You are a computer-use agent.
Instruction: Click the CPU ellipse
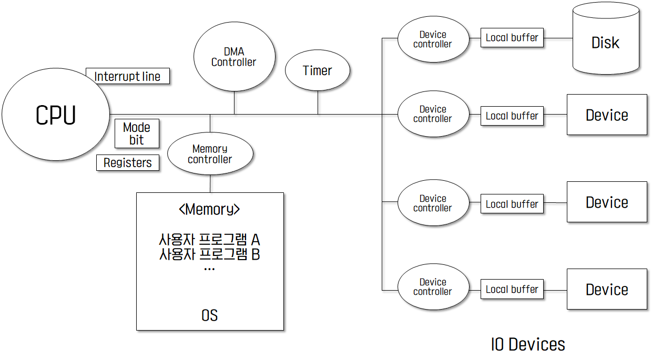click(56, 115)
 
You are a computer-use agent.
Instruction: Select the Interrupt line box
click(127, 76)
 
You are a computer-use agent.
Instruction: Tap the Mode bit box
click(137, 134)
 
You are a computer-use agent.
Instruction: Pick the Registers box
click(128, 163)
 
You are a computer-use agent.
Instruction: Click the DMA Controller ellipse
click(234, 57)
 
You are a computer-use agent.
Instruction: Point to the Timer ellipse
click(318, 71)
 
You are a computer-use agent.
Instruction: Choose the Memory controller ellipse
click(210, 155)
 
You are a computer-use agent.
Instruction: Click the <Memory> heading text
click(209, 210)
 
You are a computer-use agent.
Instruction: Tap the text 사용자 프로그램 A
click(209, 240)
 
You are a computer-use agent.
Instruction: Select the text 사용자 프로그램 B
click(209, 255)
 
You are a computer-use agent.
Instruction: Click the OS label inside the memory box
click(209, 316)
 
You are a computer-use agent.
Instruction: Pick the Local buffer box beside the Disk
click(512, 38)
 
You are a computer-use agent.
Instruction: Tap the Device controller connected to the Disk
click(433, 39)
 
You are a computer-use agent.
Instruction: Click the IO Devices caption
click(528, 345)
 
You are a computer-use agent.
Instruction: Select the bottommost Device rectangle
click(607, 289)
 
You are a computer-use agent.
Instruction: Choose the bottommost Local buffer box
click(512, 290)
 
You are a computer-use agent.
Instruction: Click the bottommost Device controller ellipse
click(433, 287)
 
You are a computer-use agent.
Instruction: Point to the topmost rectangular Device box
click(607, 115)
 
